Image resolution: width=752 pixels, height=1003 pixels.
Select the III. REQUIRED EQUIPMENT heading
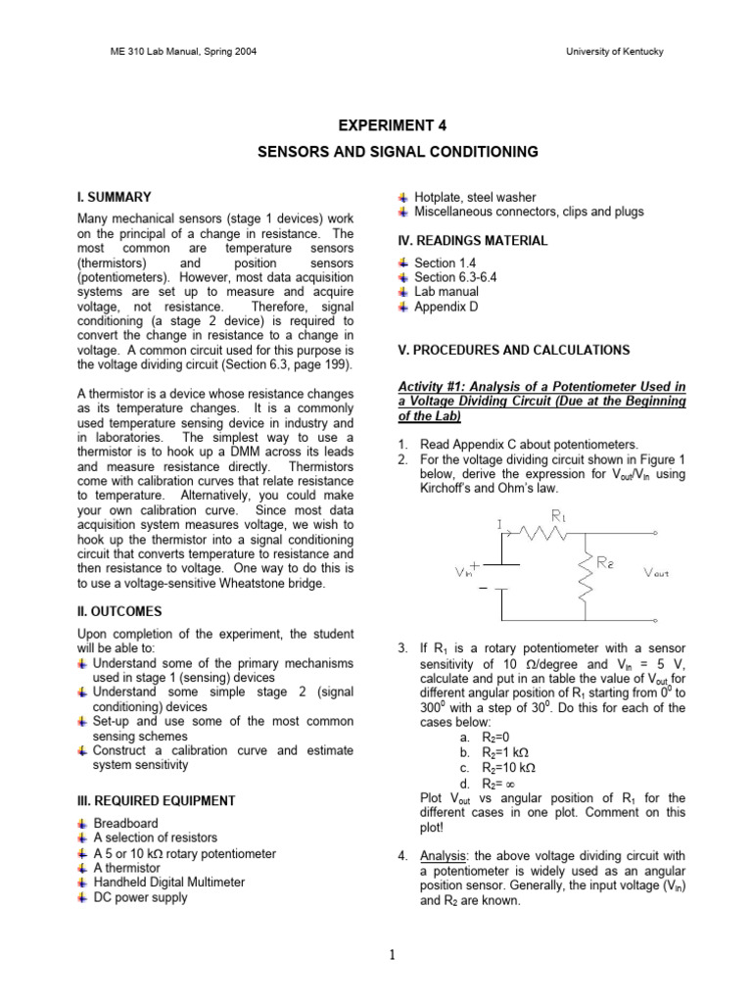157,800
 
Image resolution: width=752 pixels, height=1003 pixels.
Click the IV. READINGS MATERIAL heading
472,241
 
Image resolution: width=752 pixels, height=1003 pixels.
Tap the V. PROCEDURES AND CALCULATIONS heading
513,350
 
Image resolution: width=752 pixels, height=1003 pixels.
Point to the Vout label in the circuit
655,573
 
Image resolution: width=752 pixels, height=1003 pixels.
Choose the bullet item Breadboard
125,824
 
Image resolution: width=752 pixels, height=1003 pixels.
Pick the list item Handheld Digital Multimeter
168,883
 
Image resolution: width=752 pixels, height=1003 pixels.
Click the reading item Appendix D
446,307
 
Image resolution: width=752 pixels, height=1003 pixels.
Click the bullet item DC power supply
140,897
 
